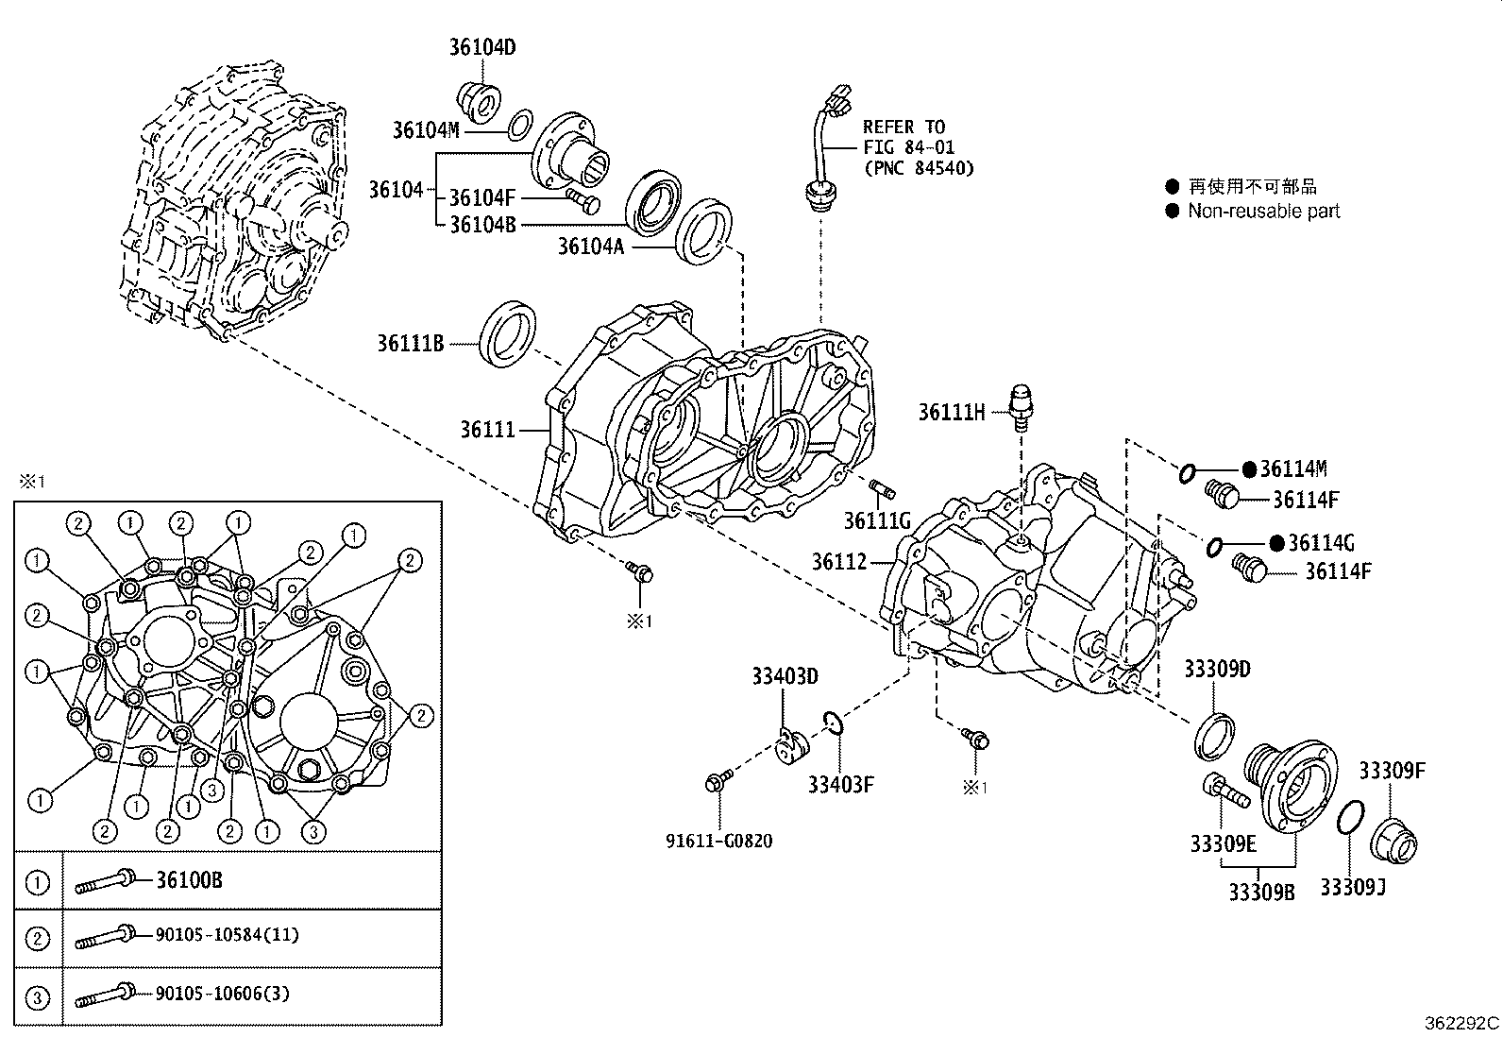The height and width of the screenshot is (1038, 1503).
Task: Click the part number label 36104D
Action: [x=481, y=47]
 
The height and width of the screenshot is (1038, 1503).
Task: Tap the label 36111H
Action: [x=952, y=411]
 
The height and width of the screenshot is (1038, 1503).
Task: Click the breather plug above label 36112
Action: [x=1021, y=406]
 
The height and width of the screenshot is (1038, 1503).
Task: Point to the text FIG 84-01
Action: [x=907, y=147]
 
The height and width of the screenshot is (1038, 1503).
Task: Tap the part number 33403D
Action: [x=785, y=676]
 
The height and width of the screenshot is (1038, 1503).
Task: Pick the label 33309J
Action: [x=1352, y=887]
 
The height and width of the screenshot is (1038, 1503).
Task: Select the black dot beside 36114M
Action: [x=1248, y=469]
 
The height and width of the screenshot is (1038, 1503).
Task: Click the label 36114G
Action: [x=1322, y=543]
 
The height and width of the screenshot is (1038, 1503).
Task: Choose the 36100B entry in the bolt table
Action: [x=189, y=880]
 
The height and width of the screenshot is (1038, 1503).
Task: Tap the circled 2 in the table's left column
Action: [x=38, y=938]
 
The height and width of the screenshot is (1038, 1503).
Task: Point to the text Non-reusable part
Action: [x=1263, y=211]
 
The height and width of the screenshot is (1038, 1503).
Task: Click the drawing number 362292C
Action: [x=1461, y=1024]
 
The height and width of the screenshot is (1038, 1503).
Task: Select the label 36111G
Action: [x=876, y=520]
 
